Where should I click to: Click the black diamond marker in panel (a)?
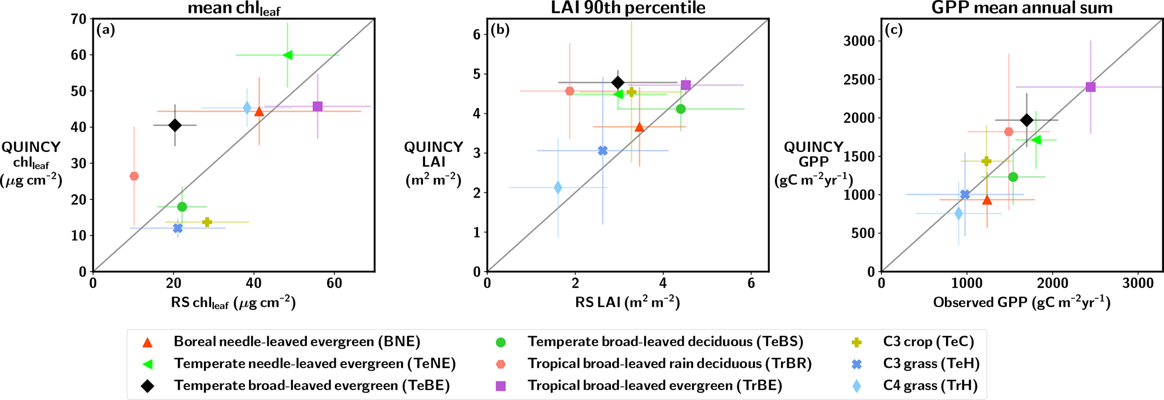coord(175,125)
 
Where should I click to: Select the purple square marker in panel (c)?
coord(1091,87)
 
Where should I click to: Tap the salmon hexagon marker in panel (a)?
coord(134,176)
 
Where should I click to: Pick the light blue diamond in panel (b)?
coord(558,187)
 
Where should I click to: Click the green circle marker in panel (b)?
coord(681,109)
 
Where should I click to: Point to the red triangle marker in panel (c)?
coord(987,200)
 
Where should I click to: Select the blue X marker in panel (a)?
coord(178,228)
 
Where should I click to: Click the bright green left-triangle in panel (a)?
coord(287,55)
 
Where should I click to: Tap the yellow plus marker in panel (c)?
coord(986,161)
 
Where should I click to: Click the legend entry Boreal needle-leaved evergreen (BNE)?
coord(297,341)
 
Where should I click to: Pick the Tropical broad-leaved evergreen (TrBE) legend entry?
coord(655,385)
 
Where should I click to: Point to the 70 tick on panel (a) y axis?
coord(79,19)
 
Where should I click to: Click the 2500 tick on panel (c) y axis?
coord(859,79)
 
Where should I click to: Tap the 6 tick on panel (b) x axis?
coord(751,283)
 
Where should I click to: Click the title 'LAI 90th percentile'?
coord(627,8)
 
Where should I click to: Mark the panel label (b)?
coord(500,30)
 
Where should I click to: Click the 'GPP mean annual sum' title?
coord(1022,8)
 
